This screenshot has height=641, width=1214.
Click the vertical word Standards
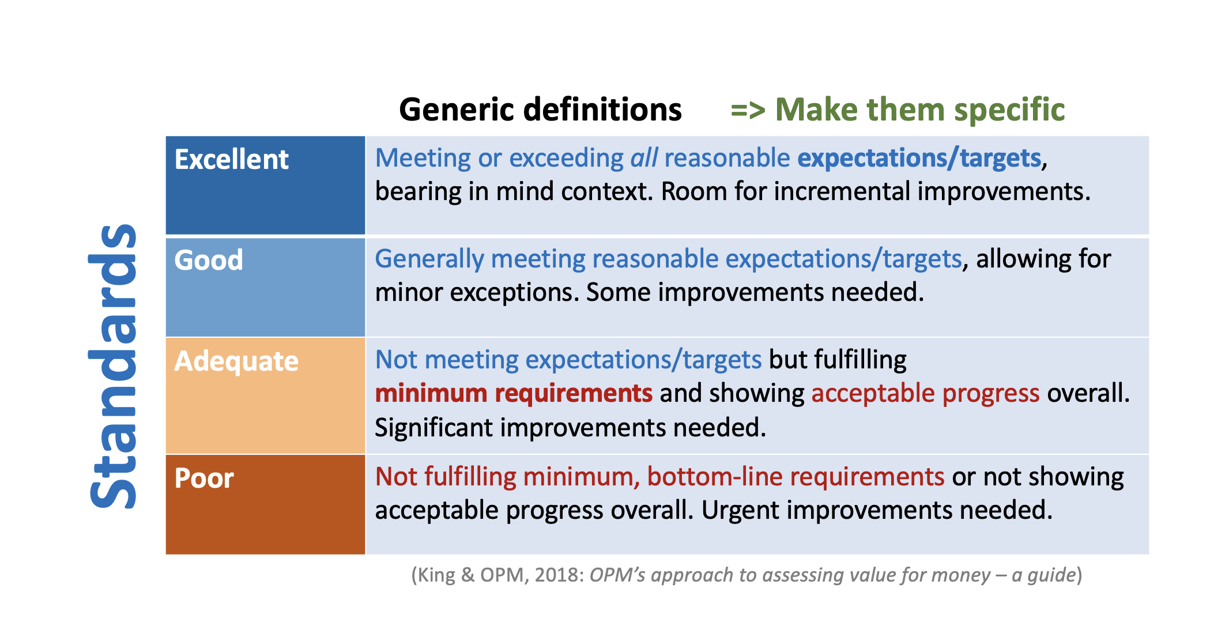(113, 366)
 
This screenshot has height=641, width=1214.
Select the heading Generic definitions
(540, 110)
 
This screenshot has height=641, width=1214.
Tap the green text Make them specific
(920, 110)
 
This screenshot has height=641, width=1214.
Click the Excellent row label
(231, 159)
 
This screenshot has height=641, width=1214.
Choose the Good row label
(209, 260)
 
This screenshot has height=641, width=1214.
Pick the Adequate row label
(236, 361)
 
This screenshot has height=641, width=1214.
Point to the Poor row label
(204, 478)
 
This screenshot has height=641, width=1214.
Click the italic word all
(644, 158)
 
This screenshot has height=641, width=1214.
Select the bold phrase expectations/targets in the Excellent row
(919, 159)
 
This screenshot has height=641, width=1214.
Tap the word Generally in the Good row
(429, 259)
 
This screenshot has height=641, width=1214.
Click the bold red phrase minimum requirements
(514, 394)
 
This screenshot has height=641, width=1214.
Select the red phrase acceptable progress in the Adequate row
(926, 394)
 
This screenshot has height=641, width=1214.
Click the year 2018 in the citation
(559, 575)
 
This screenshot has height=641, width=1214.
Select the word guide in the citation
(1051, 575)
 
